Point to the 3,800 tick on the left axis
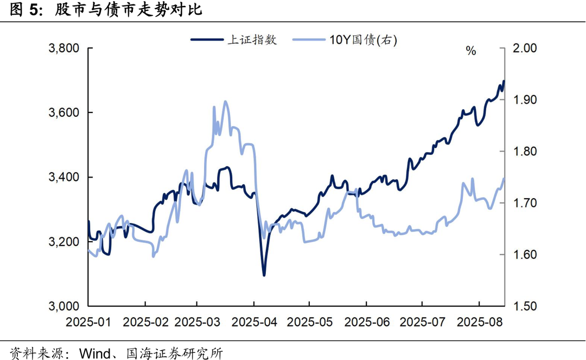pos(65,49)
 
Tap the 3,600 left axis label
pos(65,113)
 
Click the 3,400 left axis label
pos(65,178)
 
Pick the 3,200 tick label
pos(65,242)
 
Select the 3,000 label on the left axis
pos(65,306)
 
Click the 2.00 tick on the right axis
pos(525,49)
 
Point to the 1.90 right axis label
pos(525,100)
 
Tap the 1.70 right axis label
pos(525,203)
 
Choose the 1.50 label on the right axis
pos(525,306)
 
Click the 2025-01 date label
pos(88,322)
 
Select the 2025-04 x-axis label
pos(254,322)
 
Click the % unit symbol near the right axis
pos(471,52)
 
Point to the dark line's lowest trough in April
pos(264,275)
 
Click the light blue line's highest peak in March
pos(226,102)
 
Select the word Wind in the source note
pos(94,353)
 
